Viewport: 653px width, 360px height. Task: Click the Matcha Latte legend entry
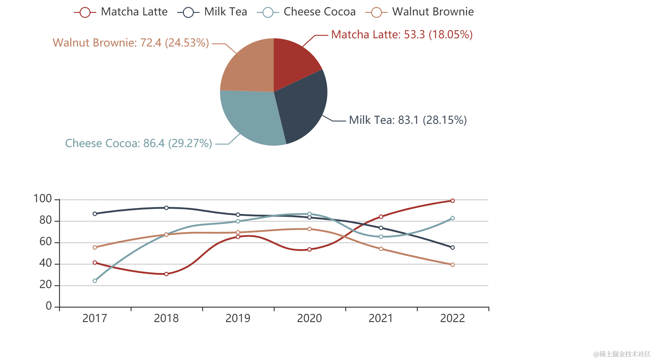coord(121,12)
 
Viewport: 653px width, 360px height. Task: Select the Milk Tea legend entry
coord(213,12)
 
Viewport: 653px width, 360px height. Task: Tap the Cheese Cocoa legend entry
coord(306,12)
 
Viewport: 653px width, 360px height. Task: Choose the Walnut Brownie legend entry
coord(420,12)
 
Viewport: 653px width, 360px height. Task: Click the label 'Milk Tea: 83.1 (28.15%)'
coord(408,120)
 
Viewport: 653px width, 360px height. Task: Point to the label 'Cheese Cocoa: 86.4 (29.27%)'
coord(138,143)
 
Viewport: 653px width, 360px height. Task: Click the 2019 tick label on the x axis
coord(238,318)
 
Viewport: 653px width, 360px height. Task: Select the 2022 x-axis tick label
coord(453,318)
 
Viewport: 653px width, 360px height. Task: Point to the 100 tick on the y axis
coord(43,199)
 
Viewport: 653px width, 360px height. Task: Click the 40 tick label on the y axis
coord(46,263)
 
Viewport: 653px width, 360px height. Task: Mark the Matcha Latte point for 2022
coord(453,201)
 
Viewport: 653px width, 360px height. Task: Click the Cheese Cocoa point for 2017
coord(95,281)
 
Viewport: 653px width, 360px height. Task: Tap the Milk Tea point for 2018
coord(166,208)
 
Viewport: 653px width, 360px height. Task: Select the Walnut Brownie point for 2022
coord(453,265)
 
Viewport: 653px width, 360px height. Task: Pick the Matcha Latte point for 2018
coord(166,274)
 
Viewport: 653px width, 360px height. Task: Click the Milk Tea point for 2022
coord(453,248)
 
